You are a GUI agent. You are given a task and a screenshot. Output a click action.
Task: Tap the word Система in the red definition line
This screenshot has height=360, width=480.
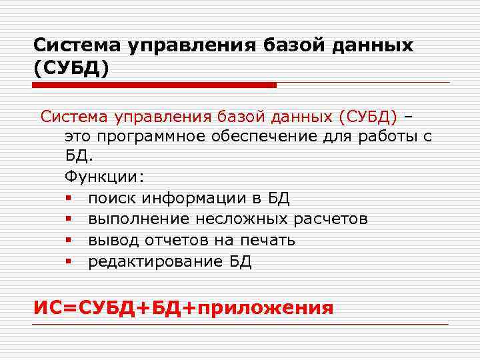[x=77, y=117]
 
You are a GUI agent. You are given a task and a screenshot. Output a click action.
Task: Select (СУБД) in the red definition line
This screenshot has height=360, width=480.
[x=368, y=117]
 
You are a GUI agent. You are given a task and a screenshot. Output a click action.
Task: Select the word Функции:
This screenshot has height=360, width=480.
[x=103, y=179]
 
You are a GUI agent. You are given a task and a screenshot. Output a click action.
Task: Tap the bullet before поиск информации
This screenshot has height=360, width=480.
[x=69, y=199]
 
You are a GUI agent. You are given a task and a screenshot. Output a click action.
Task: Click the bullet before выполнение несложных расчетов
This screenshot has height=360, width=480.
[x=69, y=219]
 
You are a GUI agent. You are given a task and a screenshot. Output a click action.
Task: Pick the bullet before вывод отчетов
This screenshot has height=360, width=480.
[x=69, y=240]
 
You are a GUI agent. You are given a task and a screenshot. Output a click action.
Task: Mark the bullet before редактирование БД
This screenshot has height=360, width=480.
[x=69, y=261]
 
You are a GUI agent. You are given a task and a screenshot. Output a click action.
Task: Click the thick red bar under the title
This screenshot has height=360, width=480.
[x=154, y=85]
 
